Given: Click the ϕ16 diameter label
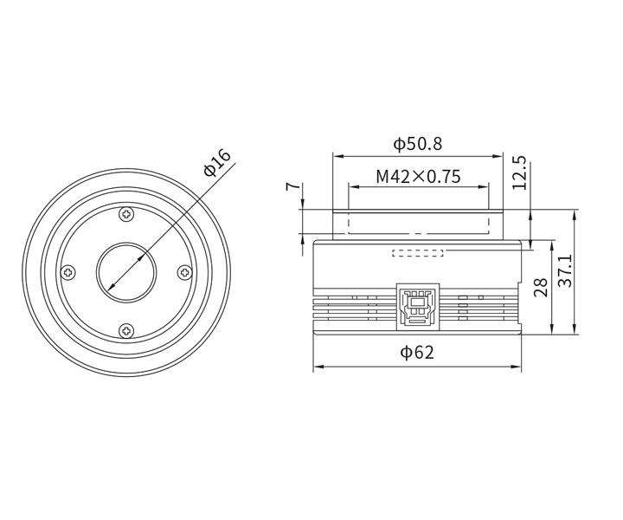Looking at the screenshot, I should point(218,162).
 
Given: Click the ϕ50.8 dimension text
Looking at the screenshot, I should point(417,143).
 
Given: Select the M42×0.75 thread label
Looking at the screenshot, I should point(418,177).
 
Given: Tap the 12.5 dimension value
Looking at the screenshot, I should point(519,172).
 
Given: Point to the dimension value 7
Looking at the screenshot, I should point(294,186).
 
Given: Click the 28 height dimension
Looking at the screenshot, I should point(542,287).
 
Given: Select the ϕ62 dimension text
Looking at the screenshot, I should point(417,353).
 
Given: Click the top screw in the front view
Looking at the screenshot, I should point(127,214).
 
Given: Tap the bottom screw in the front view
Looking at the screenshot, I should point(127,329).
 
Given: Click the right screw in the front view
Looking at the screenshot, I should point(184,272).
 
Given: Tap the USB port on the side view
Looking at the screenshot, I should point(418,305).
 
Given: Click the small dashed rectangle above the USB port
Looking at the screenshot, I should point(418,253).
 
